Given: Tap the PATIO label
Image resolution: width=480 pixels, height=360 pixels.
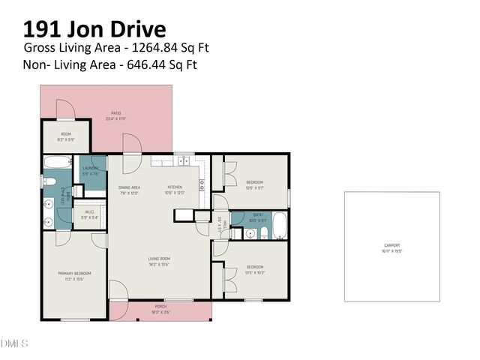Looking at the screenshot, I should [x=116, y=113].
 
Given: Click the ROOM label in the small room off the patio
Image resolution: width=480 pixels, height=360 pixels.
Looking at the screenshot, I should [x=65, y=134].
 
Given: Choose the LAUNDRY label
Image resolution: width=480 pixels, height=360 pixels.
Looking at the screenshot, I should [x=90, y=168].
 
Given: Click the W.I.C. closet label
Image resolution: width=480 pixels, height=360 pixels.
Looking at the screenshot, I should [x=88, y=212].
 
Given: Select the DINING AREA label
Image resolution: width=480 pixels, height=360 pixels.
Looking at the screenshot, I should [x=129, y=187].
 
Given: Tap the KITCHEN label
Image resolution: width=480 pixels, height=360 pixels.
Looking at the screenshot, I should [x=175, y=187].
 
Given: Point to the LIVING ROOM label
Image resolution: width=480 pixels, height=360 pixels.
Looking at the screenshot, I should [x=159, y=259].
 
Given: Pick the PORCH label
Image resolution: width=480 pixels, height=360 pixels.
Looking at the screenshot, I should [x=160, y=306].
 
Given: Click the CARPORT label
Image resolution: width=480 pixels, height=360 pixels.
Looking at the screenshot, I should [x=392, y=245].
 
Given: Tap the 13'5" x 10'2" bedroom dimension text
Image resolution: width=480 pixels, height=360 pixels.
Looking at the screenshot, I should [x=255, y=271].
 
